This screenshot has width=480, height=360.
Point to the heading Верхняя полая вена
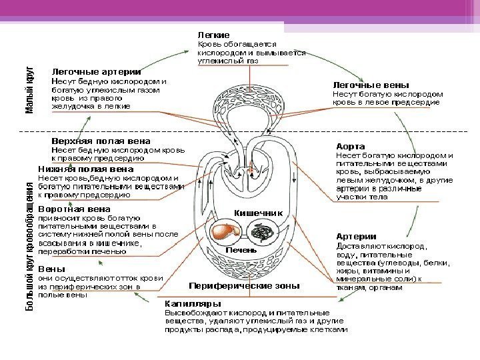(101, 141)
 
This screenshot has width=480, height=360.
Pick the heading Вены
(51, 269)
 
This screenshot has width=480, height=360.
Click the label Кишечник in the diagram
(258, 211)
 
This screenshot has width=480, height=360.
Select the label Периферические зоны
(245, 285)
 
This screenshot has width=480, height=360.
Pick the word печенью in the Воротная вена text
(109, 252)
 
